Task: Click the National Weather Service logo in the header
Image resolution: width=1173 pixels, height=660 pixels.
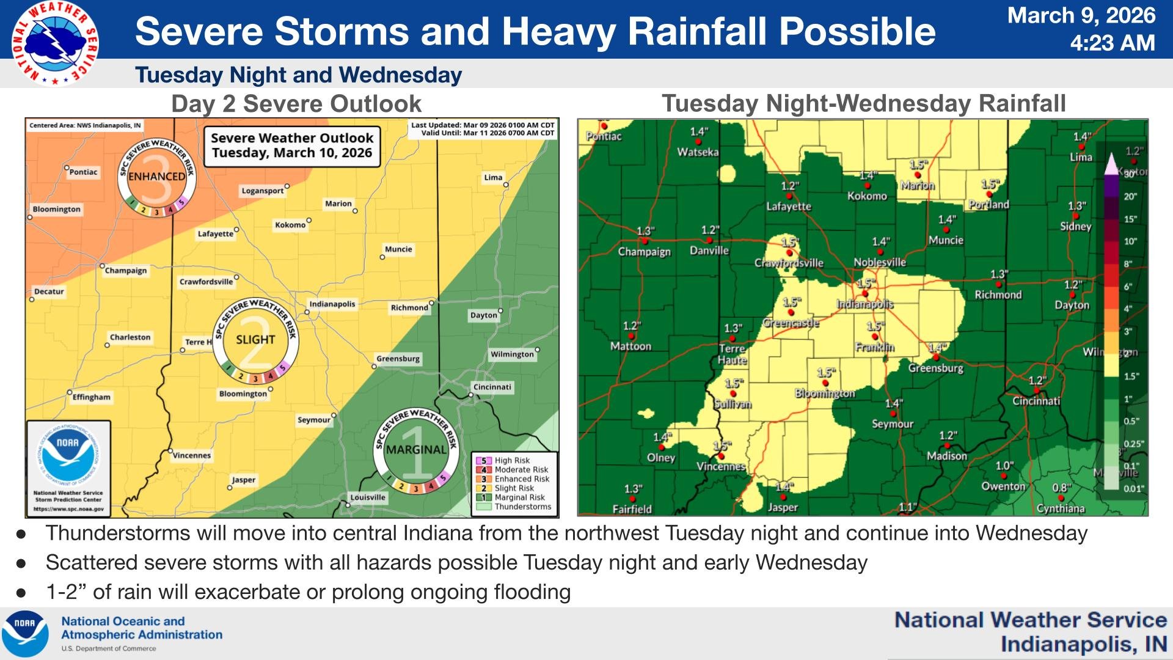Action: [55, 43]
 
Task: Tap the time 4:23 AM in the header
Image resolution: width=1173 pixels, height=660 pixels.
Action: [1112, 43]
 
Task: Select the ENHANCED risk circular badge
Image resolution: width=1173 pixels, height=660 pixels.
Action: [157, 177]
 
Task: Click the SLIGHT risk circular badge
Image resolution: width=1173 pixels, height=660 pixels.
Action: [256, 340]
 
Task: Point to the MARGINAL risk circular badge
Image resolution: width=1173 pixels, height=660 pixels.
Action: [416, 450]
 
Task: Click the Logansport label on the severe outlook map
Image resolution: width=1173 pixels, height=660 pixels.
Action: [263, 191]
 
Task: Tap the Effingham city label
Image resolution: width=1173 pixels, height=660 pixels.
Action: [92, 397]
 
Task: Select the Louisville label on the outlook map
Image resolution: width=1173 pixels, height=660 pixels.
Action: [368, 497]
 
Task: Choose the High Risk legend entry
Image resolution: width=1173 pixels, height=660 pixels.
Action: [512, 461]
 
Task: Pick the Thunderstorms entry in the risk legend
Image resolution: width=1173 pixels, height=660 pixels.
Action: [522, 507]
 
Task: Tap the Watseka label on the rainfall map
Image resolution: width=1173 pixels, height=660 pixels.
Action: [698, 152]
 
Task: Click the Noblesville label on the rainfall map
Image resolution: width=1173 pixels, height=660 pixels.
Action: [880, 262]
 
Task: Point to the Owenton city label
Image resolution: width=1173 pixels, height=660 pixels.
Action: [1003, 486]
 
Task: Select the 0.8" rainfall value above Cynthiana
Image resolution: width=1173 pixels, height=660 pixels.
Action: [1061, 488]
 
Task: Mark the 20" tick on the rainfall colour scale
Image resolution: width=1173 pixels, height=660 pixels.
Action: [1130, 197]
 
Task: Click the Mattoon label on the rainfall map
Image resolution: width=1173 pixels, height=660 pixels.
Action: [630, 346]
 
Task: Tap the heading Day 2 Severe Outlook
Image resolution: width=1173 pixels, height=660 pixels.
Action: [296, 104]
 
